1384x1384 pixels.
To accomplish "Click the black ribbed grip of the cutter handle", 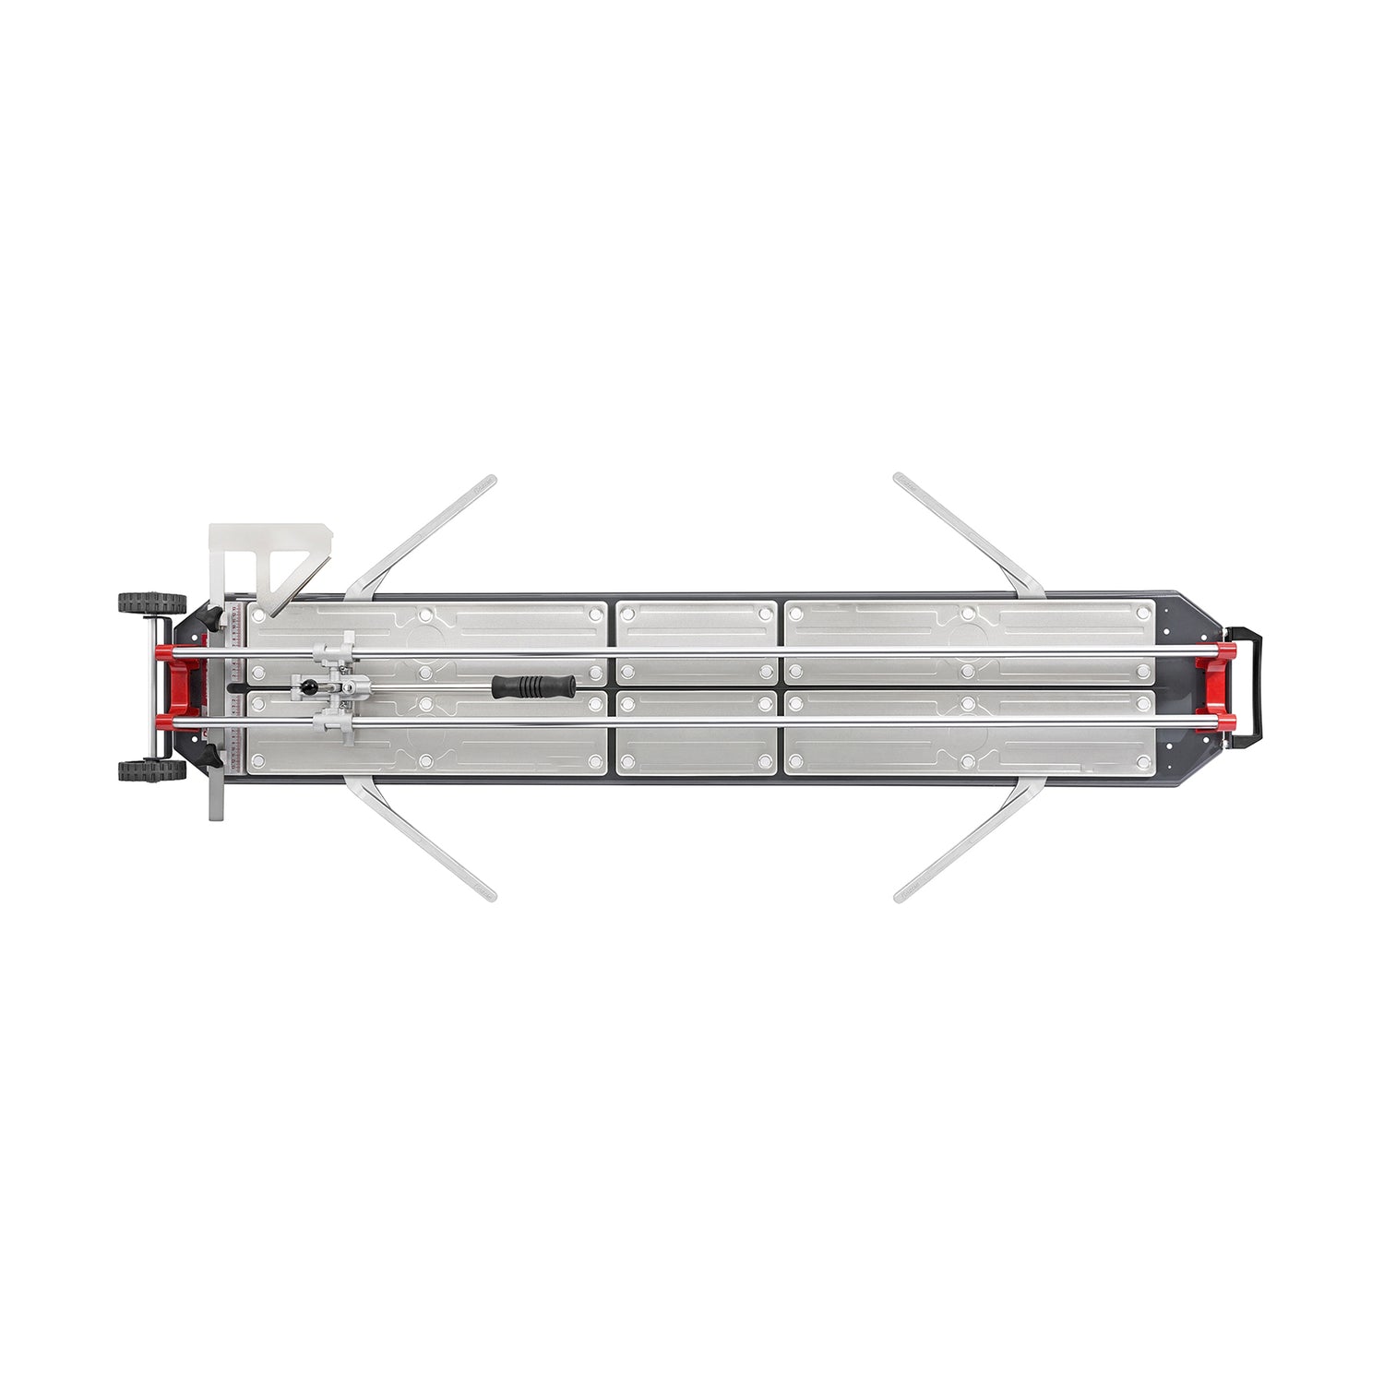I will tap(533, 686).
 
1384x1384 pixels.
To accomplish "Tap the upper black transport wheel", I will tap(151, 603).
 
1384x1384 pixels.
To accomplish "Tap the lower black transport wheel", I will tap(151, 770).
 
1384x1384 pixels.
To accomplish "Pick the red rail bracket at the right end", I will tap(1216, 686).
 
